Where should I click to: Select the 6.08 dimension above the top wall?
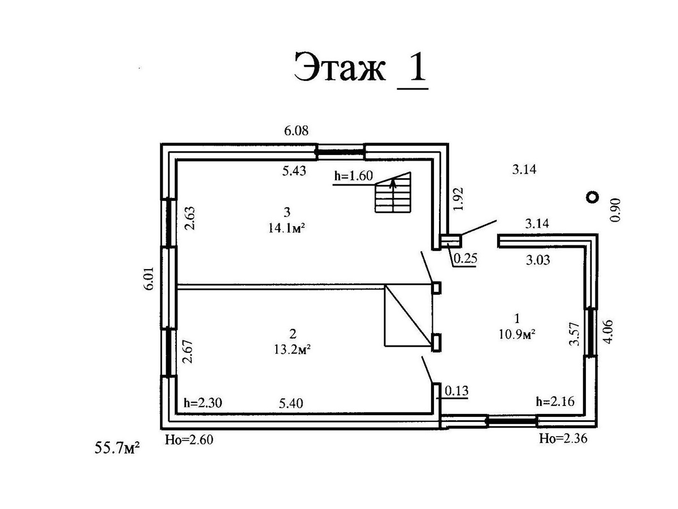click(x=296, y=131)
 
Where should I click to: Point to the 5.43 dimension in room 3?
click(x=294, y=170)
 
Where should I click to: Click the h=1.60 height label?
click(x=354, y=176)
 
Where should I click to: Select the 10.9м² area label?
click(x=516, y=334)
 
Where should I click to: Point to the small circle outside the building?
click(x=592, y=197)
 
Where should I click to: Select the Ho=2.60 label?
click(x=189, y=439)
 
